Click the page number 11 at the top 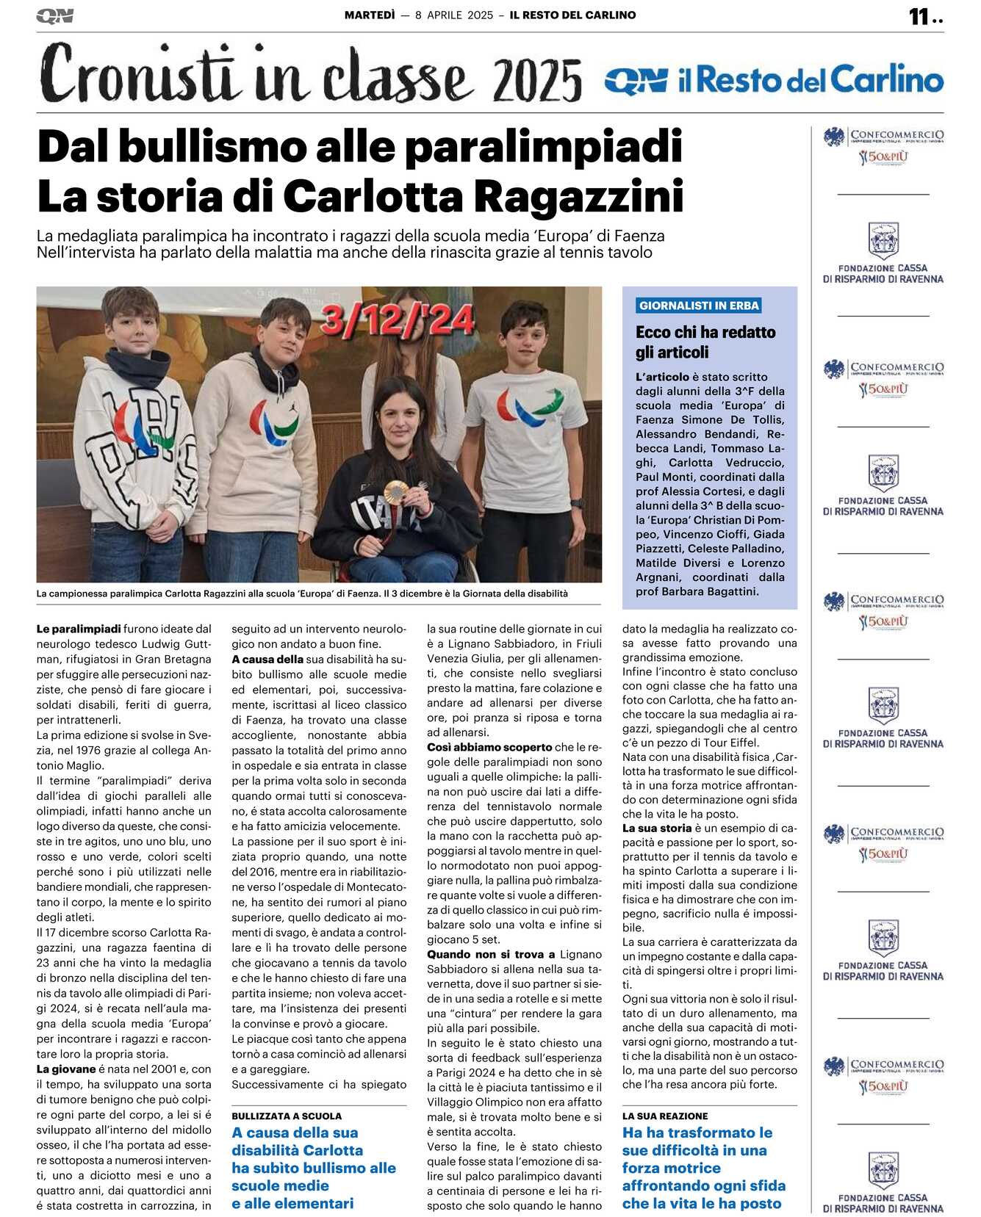point(919,16)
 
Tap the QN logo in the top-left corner point(54,16)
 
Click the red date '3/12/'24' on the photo point(397,320)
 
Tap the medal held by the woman point(398,491)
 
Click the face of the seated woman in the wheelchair point(400,421)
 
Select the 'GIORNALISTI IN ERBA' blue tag point(699,306)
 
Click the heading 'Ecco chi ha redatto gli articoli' point(705,342)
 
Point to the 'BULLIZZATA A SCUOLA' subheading point(287,1116)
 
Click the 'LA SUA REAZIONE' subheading point(665,1116)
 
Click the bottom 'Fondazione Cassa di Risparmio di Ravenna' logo point(883,1182)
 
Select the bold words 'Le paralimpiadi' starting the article point(79,629)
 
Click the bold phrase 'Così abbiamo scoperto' point(489,747)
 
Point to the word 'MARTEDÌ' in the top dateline point(370,15)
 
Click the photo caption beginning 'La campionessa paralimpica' point(302,593)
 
